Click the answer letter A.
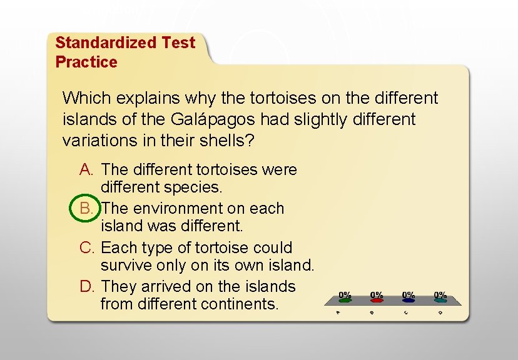86,169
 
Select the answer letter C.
87,247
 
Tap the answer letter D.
87,286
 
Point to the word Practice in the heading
86,62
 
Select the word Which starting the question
85,98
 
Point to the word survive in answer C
124,265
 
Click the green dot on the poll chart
345,301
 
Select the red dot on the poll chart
377,301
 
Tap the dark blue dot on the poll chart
409,301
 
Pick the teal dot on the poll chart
440,301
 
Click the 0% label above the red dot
377,294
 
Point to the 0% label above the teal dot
440,294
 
